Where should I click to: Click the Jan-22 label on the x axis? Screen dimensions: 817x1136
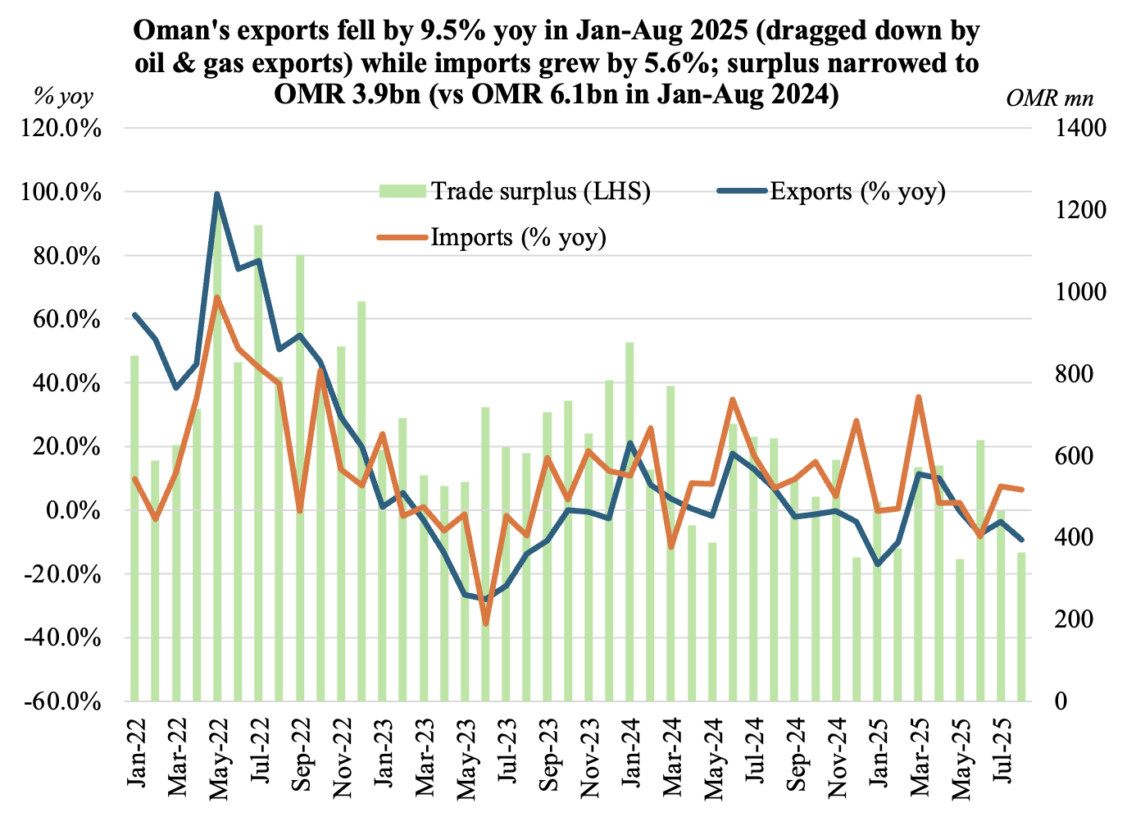[138, 751]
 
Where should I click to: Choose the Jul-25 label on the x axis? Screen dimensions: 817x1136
[1006, 751]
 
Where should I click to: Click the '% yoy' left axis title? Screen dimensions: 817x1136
[63, 97]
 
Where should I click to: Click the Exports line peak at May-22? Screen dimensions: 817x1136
[217, 194]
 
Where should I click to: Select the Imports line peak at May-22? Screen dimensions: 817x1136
[217, 298]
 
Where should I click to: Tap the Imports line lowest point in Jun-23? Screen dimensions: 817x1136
[485, 624]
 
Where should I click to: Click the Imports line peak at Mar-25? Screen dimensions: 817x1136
[919, 397]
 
